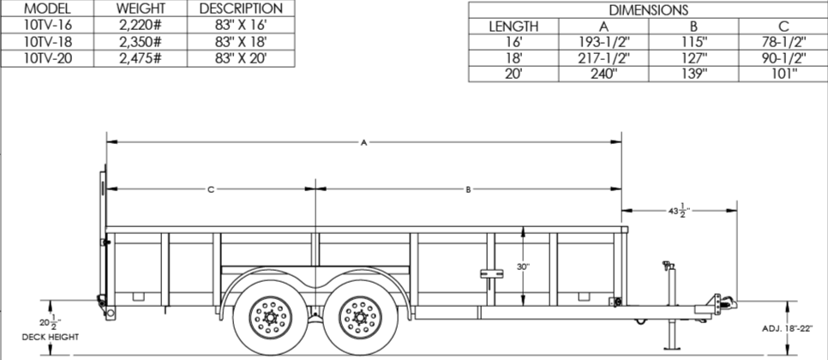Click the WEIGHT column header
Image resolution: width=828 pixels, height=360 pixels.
pyautogui.click(x=141, y=9)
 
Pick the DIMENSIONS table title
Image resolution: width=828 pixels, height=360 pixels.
pyautogui.click(x=648, y=9)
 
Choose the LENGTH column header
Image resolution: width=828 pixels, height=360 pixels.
pyautogui.click(x=513, y=26)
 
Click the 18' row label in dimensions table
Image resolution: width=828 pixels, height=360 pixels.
pyautogui.click(x=513, y=58)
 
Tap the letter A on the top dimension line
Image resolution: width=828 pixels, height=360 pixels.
pyautogui.click(x=364, y=143)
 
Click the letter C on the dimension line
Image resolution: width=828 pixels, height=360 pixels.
pyautogui.click(x=210, y=189)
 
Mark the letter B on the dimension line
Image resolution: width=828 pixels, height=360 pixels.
pyautogui.click(x=469, y=189)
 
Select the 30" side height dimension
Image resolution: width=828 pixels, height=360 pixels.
pyautogui.click(x=523, y=267)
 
